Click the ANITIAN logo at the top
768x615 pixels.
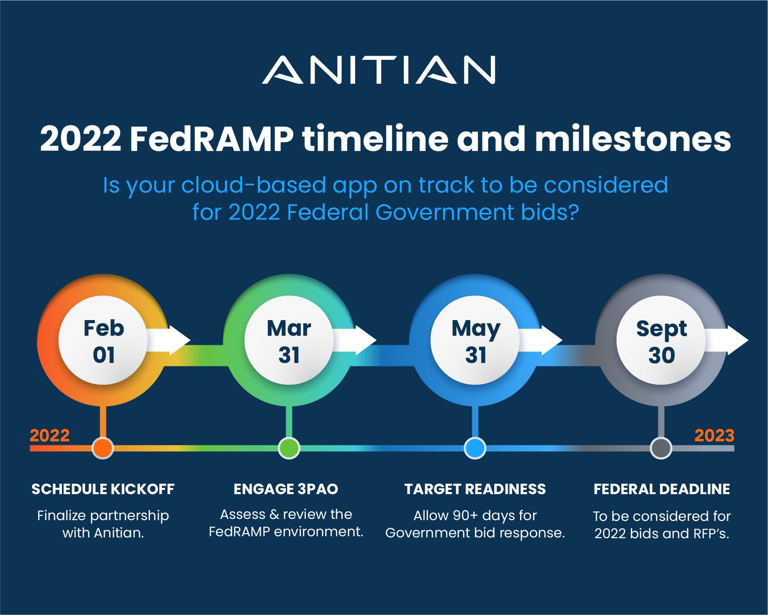379,70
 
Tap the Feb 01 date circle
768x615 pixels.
103,341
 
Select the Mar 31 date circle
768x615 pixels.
289,341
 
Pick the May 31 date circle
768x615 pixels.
475,341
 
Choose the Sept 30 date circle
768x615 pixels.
661,341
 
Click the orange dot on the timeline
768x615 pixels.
103,448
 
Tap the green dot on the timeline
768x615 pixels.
289,448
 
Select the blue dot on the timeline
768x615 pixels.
475,448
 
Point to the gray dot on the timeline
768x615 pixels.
661,448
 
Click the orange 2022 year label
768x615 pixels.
49,436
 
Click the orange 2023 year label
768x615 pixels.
714,436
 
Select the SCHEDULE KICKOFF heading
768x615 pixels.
103,489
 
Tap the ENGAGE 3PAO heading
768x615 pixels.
286,489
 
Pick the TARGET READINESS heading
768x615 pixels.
475,489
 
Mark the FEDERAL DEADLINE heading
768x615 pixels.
662,489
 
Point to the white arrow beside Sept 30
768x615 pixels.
727,340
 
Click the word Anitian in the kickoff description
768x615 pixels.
119,533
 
